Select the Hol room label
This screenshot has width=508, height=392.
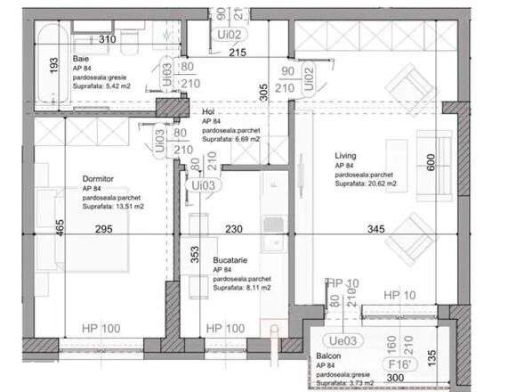tap(208, 112)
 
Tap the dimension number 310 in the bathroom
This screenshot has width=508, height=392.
tap(108, 41)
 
